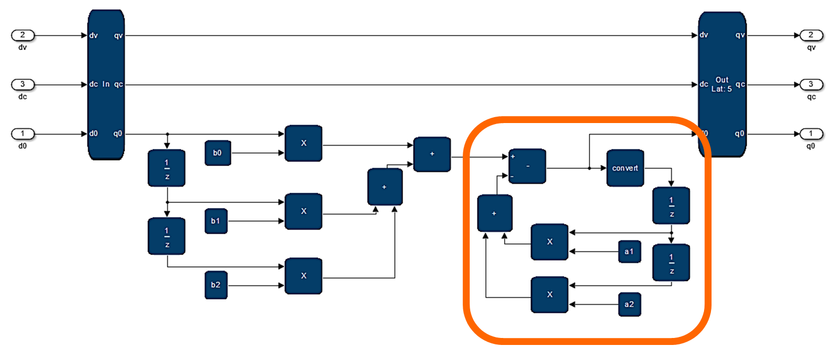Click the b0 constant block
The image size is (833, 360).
click(x=217, y=153)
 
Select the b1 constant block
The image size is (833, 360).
click(x=216, y=221)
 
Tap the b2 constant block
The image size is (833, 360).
click(x=216, y=285)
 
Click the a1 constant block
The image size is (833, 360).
click(x=629, y=251)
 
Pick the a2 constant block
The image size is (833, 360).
click(x=629, y=304)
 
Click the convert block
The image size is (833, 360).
click(x=625, y=168)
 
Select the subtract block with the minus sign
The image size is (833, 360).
click(x=527, y=167)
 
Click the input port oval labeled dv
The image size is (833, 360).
click(x=23, y=35)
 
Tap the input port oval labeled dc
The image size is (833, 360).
click(x=23, y=84)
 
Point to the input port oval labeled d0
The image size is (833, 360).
click(x=23, y=133)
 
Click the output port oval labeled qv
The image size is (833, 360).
click(x=811, y=35)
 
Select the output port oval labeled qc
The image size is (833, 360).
click(x=811, y=84)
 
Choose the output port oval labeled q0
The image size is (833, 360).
click(x=811, y=133)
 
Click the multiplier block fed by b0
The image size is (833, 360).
click(x=304, y=143)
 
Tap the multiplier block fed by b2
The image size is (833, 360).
click(x=304, y=276)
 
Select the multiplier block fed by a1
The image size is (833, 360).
click(x=549, y=242)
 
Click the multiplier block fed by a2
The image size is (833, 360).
click(x=549, y=294)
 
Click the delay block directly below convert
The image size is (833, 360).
click(x=671, y=205)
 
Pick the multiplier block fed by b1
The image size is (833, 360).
click(x=304, y=211)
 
